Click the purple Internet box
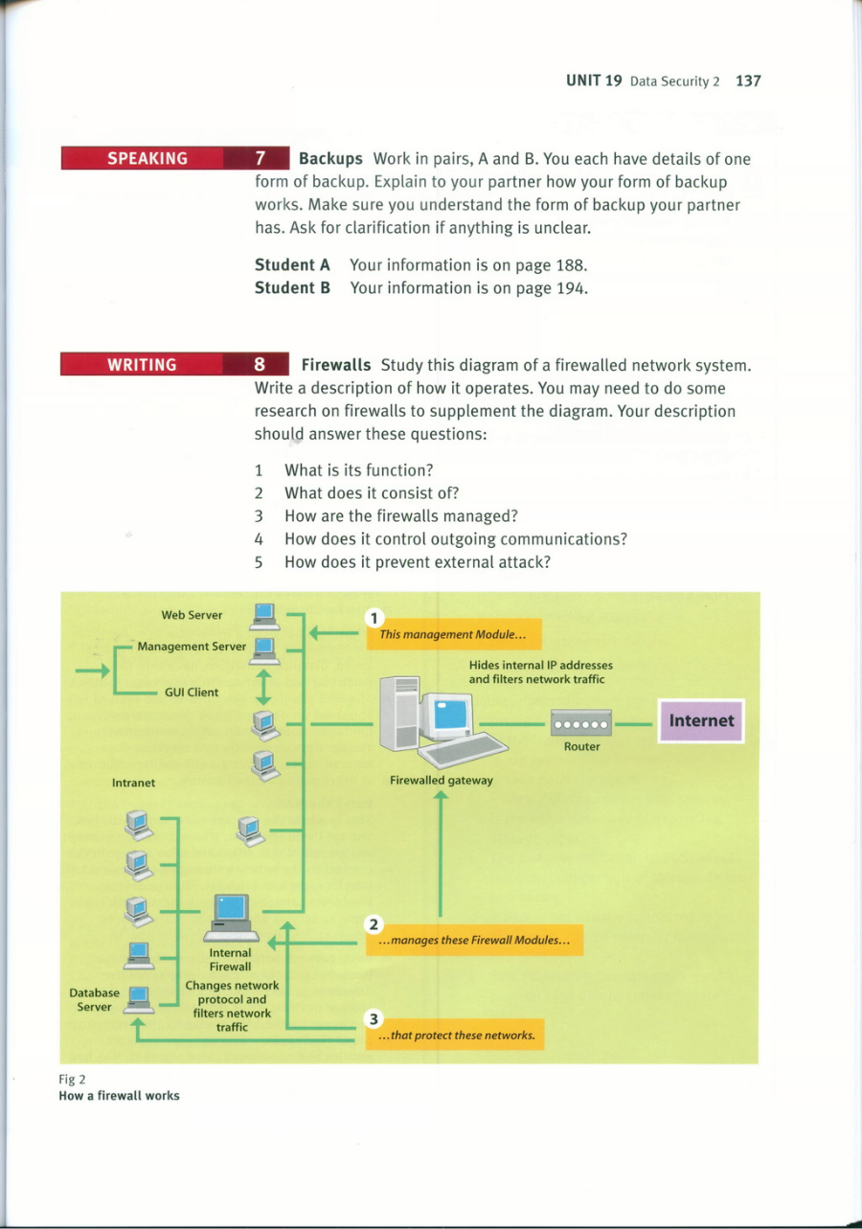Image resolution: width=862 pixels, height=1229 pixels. coord(701,720)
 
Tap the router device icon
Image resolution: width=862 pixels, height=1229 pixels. coord(581,722)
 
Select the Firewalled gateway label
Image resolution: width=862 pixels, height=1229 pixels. coord(442,780)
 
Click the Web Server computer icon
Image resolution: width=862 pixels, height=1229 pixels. coord(265,617)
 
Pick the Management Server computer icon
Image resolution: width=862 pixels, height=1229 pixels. coord(265,650)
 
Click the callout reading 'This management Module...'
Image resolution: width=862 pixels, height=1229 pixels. coord(454,634)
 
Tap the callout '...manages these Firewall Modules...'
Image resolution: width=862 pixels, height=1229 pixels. coord(474,940)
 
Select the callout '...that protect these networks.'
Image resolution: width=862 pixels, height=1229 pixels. coord(455,1035)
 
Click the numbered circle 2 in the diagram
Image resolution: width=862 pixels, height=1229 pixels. coord(374,924)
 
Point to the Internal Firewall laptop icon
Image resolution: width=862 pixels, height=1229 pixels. coord(231,918)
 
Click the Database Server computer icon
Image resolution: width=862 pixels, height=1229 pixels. coord(138,999)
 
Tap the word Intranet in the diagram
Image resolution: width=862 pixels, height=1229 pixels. coord(133,783)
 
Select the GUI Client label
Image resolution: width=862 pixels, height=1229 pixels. coord(192,692)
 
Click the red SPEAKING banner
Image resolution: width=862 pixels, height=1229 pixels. coord(175,158)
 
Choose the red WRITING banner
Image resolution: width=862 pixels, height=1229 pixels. coord(174,364)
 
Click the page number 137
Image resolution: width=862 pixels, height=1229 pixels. coord(748,81)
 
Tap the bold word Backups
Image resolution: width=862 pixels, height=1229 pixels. coord(330,159)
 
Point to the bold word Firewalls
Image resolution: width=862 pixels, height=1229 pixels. coord(336,365)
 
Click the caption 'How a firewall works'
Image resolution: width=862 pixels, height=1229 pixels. coord(119,1095)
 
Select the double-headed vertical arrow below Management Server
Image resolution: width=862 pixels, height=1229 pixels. coord(264,687)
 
